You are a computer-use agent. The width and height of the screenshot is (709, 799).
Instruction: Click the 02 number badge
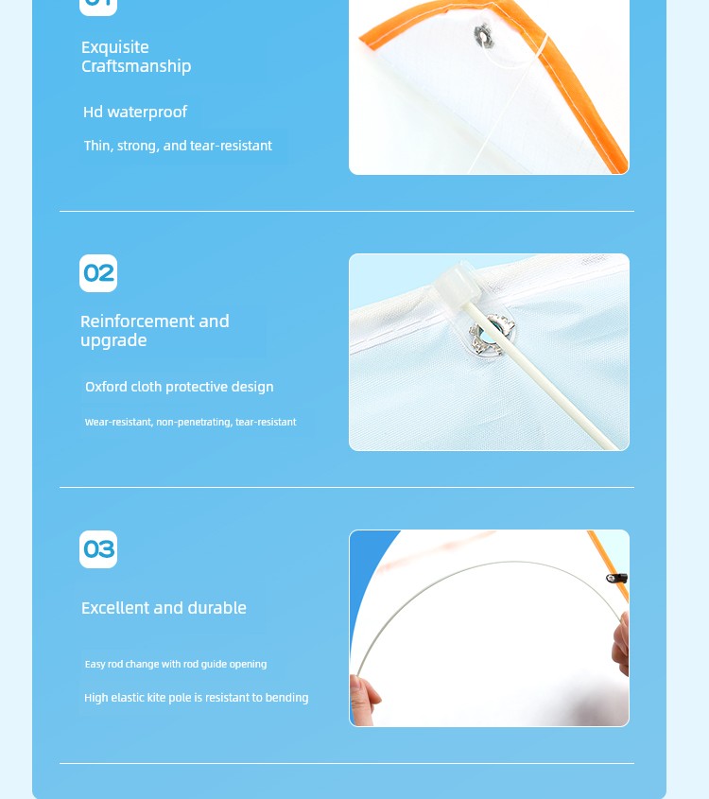98,273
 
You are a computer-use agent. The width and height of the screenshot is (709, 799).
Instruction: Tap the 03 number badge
98,549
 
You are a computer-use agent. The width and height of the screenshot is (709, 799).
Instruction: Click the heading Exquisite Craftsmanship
136,57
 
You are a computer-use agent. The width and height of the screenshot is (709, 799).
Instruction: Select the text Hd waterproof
135,112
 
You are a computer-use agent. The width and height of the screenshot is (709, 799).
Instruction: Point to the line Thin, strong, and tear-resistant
178,146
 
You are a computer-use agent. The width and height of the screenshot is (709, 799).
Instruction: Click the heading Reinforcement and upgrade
154,331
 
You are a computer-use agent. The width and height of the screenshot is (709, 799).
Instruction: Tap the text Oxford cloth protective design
180,387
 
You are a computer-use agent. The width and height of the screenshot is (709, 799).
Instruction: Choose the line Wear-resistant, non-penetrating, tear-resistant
191,422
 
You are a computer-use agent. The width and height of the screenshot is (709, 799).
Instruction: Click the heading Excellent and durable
164,608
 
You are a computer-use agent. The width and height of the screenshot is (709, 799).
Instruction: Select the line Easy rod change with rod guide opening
176,664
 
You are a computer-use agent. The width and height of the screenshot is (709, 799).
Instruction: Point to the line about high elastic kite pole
196,698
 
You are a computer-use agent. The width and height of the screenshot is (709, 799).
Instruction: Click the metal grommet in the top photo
483,36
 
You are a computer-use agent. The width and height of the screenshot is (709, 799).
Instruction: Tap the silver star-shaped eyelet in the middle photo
491,334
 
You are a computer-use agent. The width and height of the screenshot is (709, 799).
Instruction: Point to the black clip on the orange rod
616,579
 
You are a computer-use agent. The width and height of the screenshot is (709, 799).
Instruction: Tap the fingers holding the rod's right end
620,644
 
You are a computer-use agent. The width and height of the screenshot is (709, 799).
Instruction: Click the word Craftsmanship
136,66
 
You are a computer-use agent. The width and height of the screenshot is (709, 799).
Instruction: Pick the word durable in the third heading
217,608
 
